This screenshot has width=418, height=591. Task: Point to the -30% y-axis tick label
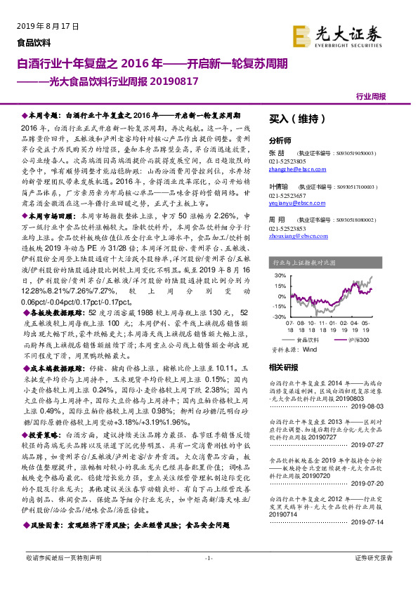(279, 317)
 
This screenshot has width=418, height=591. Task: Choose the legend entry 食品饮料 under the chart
(307, 340)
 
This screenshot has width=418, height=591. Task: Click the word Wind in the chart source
(310, 348)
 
